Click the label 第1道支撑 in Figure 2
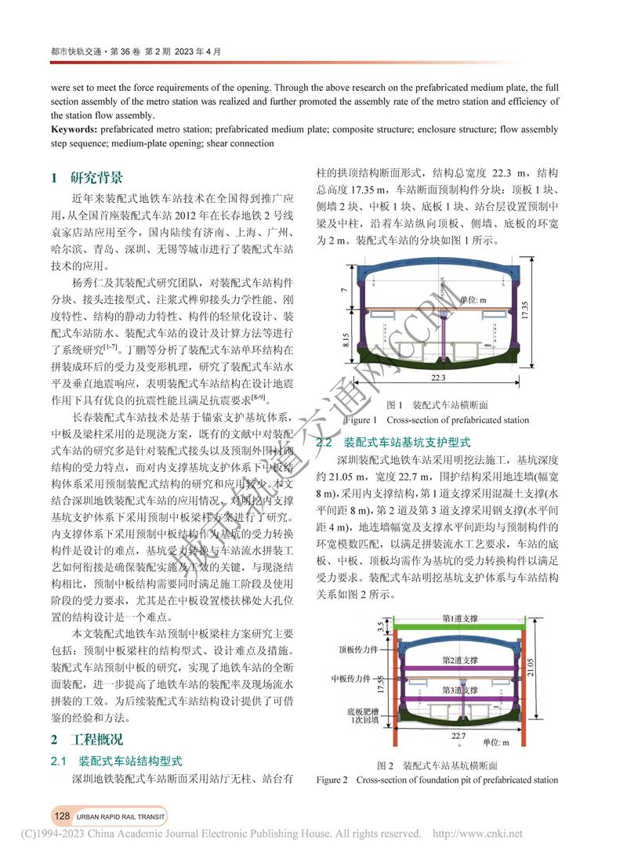click(x=460, y=618)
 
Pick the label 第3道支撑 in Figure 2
click(x=459, y=690)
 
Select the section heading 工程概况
click(x=96, y=740)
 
